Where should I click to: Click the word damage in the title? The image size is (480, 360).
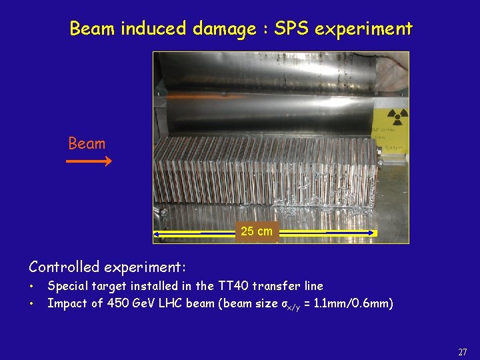coord(224,29)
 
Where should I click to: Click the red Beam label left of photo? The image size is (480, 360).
coord(87,143)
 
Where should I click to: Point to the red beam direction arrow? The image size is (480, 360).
coord(89,160)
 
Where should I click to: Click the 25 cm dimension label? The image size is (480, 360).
coord(257,231)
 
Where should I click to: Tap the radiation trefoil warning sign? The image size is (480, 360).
coord(398,118)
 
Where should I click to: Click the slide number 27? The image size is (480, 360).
coord(463,351)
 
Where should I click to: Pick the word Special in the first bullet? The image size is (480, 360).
coord(69,286)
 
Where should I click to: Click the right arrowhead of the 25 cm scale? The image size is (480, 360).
coord(374,233)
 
